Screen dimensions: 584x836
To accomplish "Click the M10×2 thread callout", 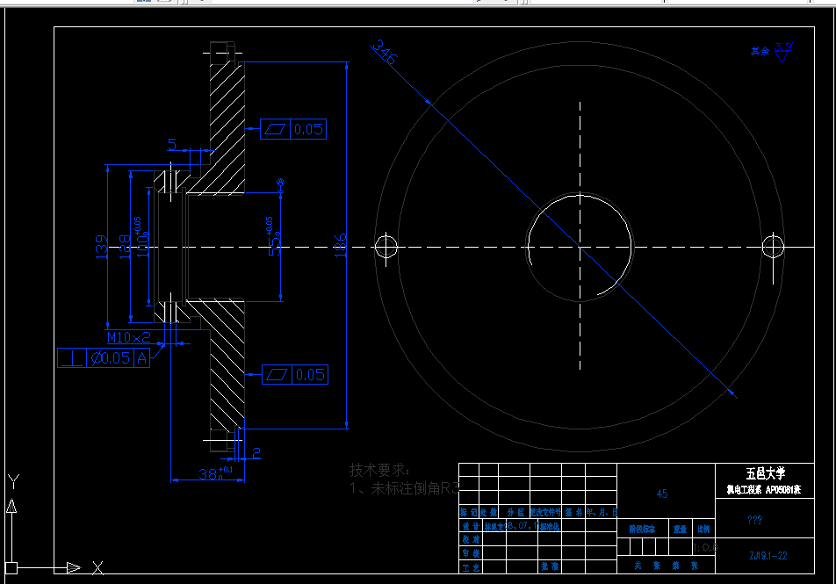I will point(129,337).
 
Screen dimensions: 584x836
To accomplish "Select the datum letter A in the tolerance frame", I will point(141,357).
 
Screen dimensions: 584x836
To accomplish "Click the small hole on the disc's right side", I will point(774,246).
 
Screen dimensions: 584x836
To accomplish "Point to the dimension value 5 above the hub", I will point(172,144).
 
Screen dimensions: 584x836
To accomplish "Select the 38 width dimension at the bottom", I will point(209,474).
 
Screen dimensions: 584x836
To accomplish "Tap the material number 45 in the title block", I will point(661,494).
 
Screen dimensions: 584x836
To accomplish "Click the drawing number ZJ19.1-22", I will point(768,555).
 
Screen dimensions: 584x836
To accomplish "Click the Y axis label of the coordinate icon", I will point(13,481).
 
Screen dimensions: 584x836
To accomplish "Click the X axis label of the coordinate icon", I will point(97,567).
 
